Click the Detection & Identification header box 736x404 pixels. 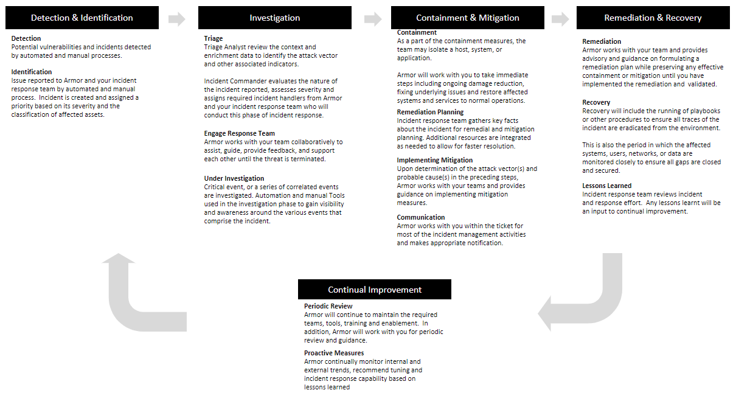[82, 18]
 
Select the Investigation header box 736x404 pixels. [274, 18]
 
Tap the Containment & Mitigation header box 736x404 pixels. [468, 18]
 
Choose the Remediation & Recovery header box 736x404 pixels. [653, 18]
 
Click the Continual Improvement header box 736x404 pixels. [374, 290]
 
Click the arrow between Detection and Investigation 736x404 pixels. [177, 19]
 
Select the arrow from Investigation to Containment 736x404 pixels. [372, 19]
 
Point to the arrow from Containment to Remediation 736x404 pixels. [560, 19]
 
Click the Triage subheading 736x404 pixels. [214, 38]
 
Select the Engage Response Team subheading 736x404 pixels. [239, 133]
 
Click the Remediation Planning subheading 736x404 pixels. [430, 112]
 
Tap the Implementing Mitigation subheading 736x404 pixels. [434, 160]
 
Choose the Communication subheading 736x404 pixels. [421, 217]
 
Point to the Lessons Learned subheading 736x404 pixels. [606, 186]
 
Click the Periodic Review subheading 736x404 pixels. [328, 306]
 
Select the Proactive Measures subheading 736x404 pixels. [334, 353]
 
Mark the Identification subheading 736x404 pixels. [32, 72]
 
